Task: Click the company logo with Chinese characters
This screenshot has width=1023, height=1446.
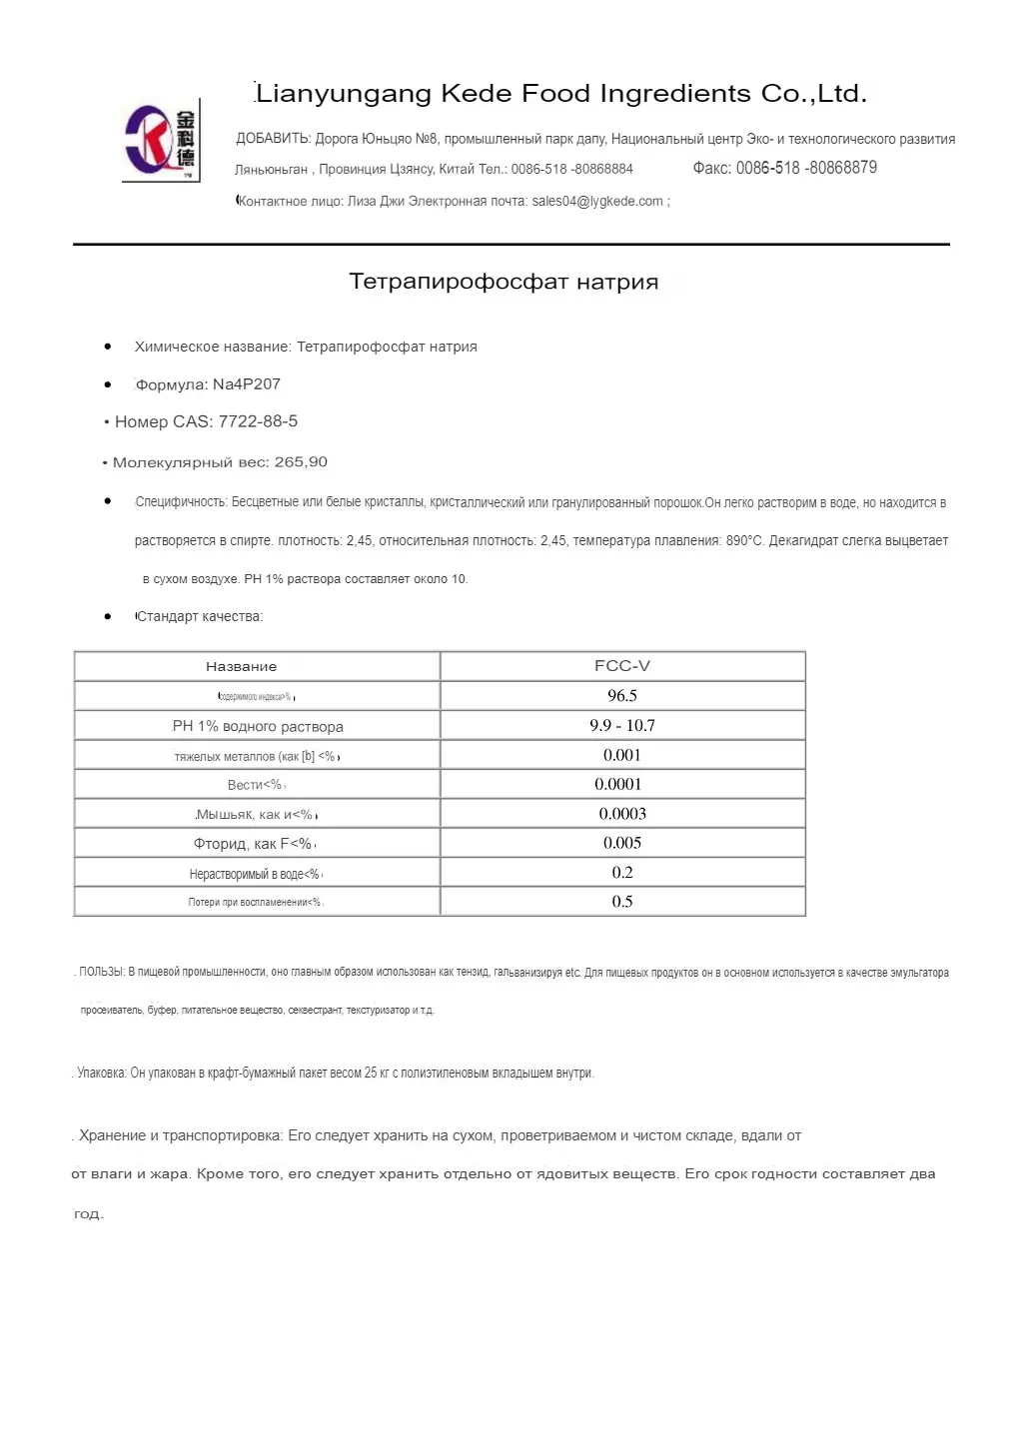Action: coord(161,141)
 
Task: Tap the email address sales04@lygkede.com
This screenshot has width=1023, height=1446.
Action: coord(597,202)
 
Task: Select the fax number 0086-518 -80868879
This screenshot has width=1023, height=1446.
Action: coord(806,168)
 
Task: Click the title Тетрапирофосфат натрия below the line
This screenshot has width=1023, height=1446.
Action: coord(504,282)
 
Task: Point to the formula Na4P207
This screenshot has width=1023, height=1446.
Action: coord(247,384)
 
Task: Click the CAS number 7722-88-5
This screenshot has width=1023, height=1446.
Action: coord(258,421)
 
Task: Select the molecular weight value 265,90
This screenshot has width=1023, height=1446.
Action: coord(301,462)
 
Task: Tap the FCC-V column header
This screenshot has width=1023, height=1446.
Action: coord(622,666)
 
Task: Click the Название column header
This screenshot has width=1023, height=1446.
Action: coord(241,667)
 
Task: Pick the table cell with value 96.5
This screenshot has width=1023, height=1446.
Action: coord(622,696)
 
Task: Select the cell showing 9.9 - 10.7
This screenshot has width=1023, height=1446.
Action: coord(622,726)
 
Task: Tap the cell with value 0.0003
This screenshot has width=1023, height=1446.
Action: coord(622,814)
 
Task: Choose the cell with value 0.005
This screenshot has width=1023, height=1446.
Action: coord(622,843)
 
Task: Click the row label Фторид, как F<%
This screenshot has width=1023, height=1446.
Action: coord(255,844)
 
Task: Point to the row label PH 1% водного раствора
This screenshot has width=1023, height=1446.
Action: coord(258,727)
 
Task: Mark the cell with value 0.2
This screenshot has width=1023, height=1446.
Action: coord(622,873)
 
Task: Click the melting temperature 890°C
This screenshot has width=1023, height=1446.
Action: coord(744,541)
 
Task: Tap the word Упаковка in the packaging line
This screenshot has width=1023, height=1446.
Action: coord(101,1074)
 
